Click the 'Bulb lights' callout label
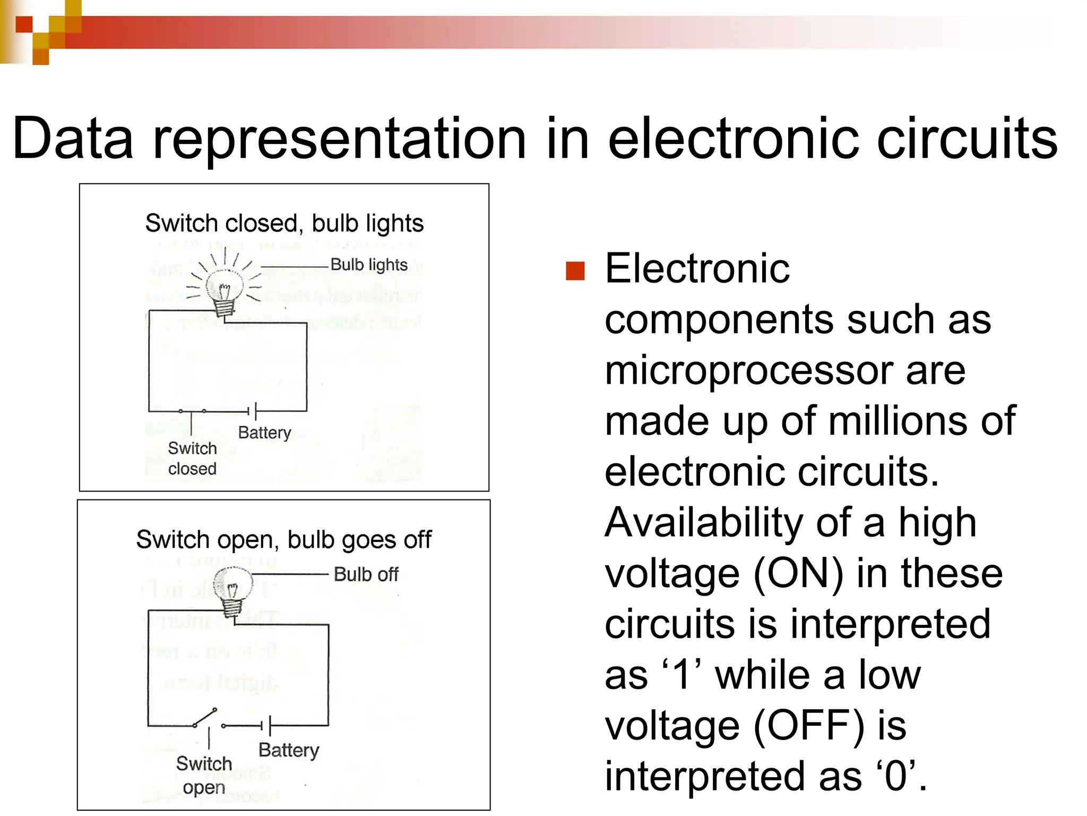point(369,265)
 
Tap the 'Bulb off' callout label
point(366,574)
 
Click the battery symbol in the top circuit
point(253,411)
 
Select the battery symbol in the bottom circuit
point(266,725)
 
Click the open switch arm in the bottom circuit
point(205,717)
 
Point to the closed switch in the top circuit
point(192,411)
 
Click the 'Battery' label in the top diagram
point(264,432)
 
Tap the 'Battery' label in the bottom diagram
point(289,750)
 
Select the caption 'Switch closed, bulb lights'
point(284,223)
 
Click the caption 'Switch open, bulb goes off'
point(284,540)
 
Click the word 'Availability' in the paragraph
point(704,523)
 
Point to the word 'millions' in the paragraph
point(898,421)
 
